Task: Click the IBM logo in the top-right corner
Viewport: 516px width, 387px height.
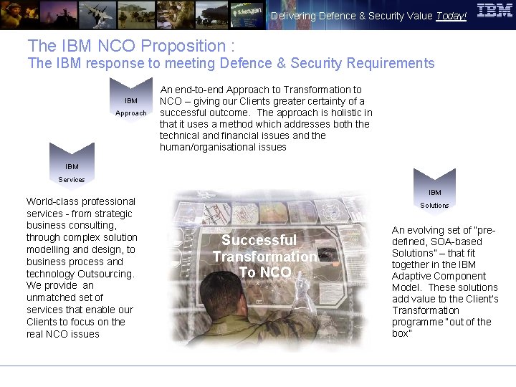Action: tap(494, 11)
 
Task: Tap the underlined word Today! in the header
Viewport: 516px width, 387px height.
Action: tap(451, 16)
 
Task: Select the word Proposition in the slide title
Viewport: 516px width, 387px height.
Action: tap(183, 46)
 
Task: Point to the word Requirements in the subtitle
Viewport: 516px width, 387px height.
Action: tap(390, 63)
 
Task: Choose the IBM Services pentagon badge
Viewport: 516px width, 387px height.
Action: tap(72, 171)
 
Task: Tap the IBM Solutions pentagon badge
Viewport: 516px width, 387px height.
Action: tap(434, 197)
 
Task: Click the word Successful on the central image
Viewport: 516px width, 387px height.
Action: tap(259, 240)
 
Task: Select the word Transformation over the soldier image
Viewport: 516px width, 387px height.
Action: tap(264, 257)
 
